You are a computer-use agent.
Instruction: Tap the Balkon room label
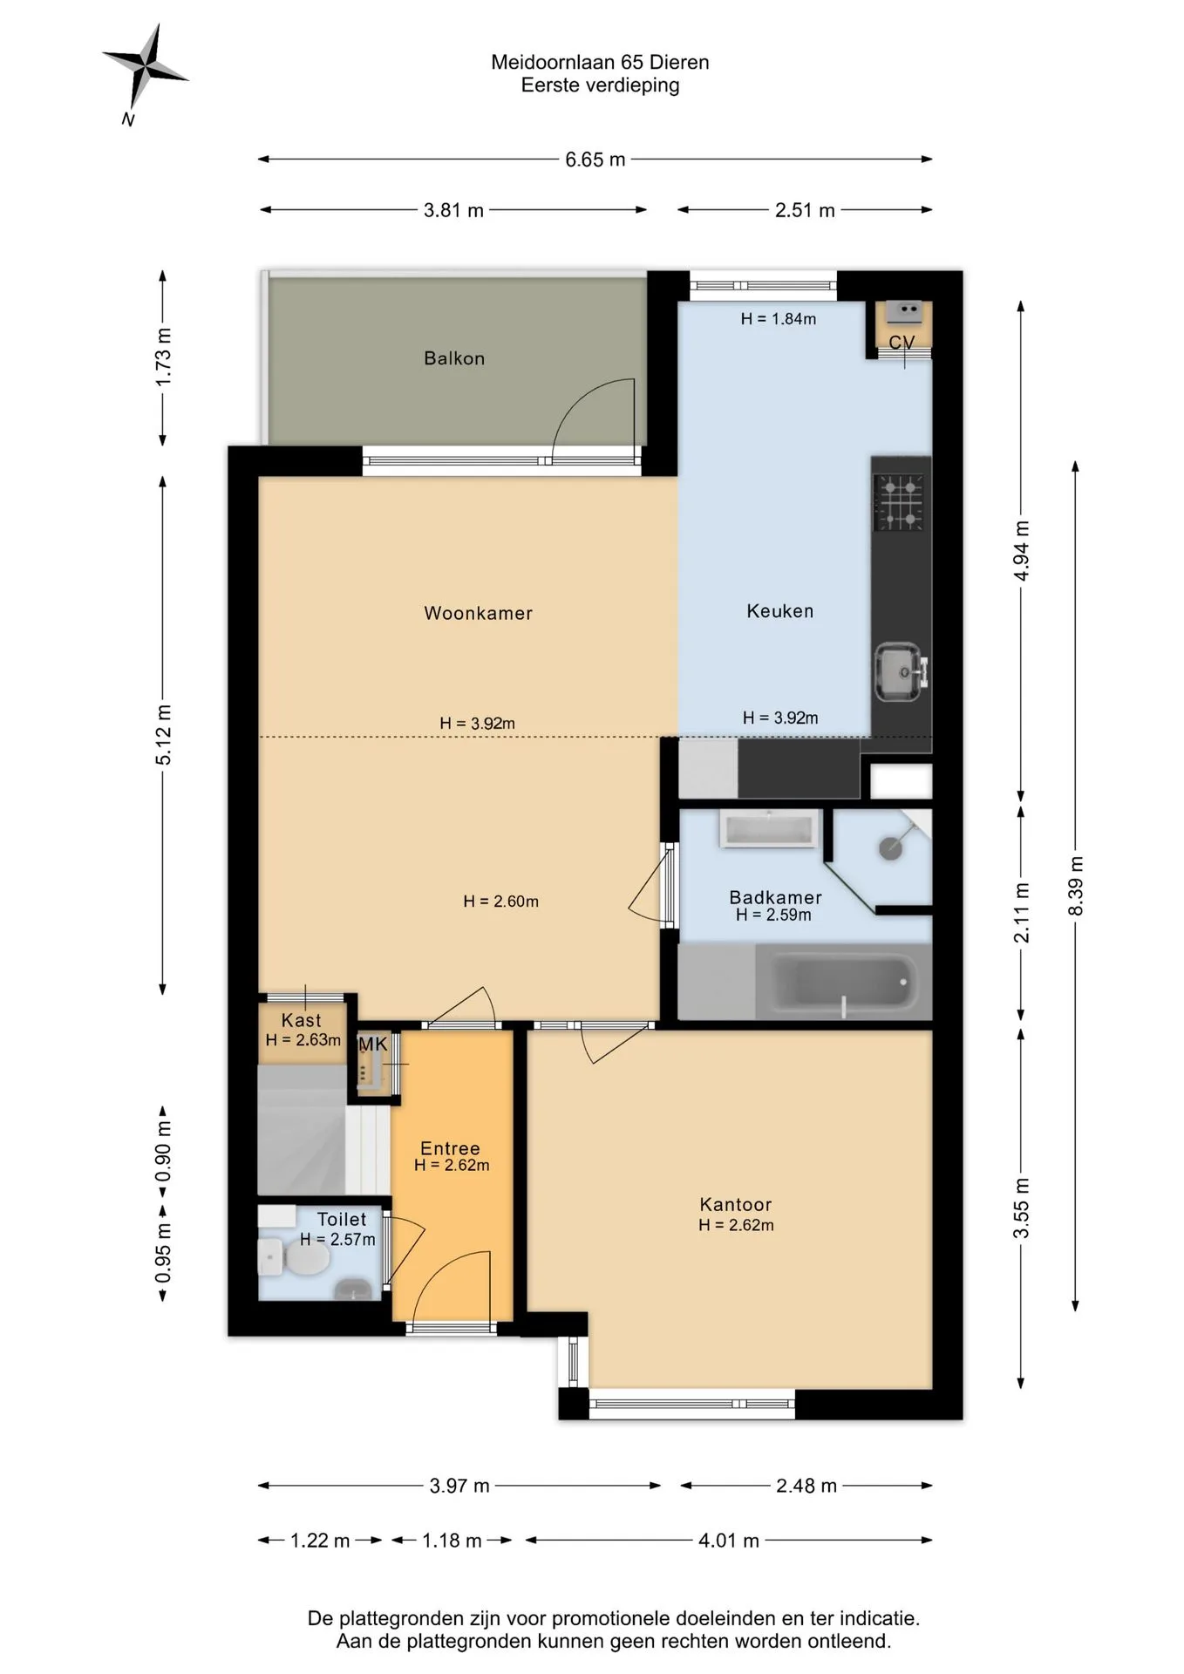pos(454,358)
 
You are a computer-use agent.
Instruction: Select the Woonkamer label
pos(478,613)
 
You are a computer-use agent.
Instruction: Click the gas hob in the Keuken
pos(899,501)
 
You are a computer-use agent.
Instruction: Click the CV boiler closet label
pos(902,343)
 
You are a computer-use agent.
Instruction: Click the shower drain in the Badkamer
pos(889,847)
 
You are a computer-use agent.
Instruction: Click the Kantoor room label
pos(736,1205)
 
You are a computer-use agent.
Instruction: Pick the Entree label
pos(450,1149)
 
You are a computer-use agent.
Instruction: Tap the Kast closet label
pos(302,1020)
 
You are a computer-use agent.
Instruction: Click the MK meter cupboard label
pos(372,1044)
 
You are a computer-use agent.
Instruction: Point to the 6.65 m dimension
pos(595,160)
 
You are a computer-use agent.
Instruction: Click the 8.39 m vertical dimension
pos(1076,886)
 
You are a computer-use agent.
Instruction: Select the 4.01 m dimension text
pos(729,1541)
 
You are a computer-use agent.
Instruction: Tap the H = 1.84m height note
pos(779,319)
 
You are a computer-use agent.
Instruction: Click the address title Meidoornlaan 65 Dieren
pos(600,62)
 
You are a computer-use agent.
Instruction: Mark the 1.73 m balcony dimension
pos(163,357)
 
